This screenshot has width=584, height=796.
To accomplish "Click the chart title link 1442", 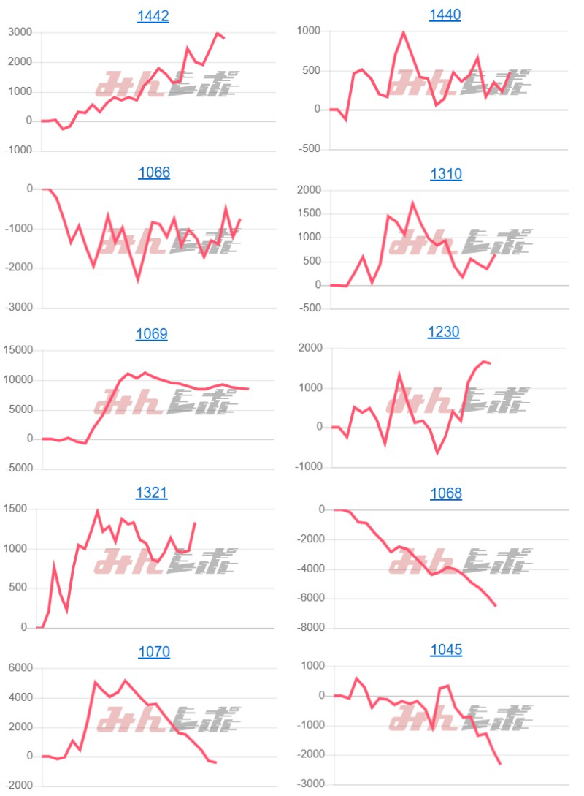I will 153,16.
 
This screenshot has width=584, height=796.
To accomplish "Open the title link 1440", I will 445,15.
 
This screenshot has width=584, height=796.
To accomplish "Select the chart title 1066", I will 153,173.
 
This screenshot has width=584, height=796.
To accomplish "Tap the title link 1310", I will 445,174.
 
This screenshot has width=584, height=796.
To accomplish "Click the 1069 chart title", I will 152,334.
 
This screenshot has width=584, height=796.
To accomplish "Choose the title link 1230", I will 444,333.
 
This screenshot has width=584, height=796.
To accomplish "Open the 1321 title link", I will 152,493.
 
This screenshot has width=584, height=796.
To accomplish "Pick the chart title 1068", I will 445,493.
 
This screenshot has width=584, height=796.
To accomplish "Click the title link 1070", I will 153,651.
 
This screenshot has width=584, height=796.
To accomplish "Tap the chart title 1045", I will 445,651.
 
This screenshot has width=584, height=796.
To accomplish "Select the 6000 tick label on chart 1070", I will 21,668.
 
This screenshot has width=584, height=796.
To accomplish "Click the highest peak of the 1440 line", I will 404,32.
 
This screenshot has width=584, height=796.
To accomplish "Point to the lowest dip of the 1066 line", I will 138,280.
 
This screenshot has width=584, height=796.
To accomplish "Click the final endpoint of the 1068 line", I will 496,605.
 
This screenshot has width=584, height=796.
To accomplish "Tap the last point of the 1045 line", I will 501,764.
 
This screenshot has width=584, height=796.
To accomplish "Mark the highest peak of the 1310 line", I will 412,203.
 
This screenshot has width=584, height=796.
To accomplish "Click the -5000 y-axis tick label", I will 18,468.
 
